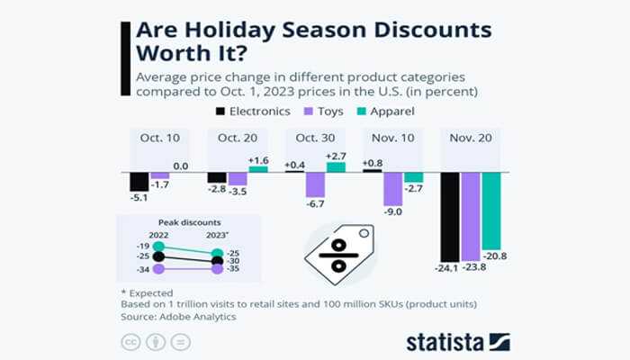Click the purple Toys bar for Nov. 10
tap(392, 189)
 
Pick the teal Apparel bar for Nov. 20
tap(491, 211)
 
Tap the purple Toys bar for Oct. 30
tap(315, 184)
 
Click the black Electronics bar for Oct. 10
tap(139, 181)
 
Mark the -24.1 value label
tap(447, 267)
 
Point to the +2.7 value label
tap(336, 156)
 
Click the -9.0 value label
tap(392, 213)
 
